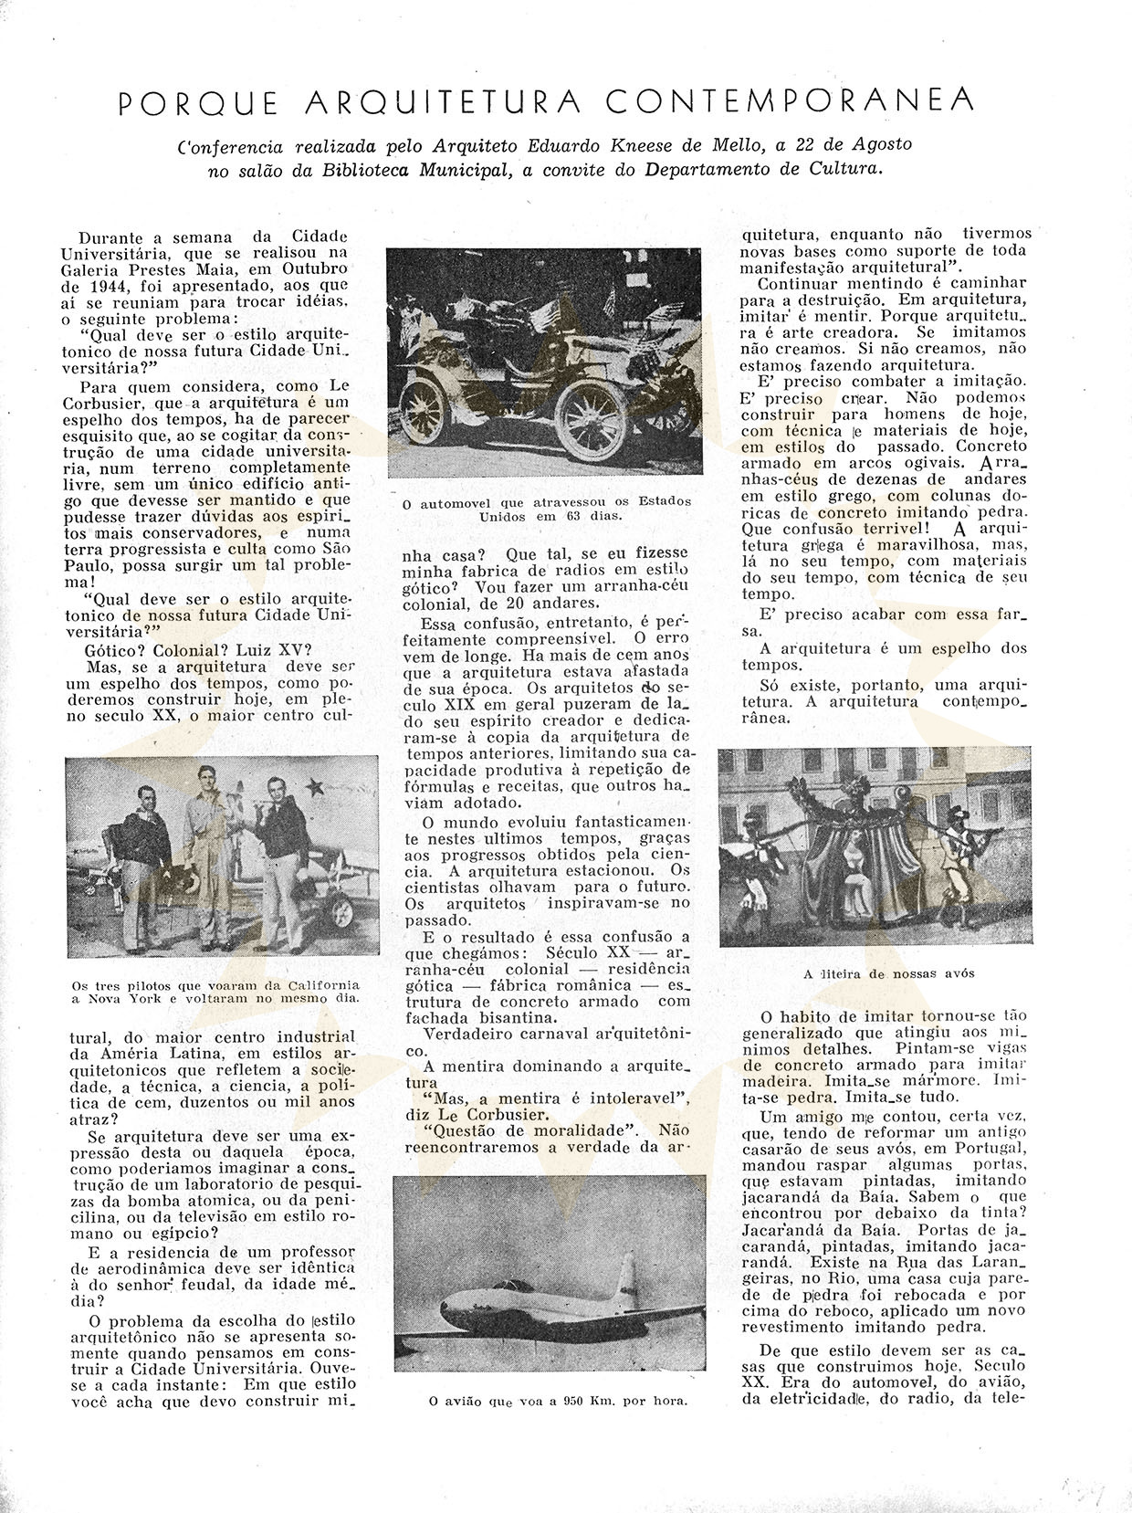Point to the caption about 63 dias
click(546, 508)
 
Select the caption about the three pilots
click(215, 992)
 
